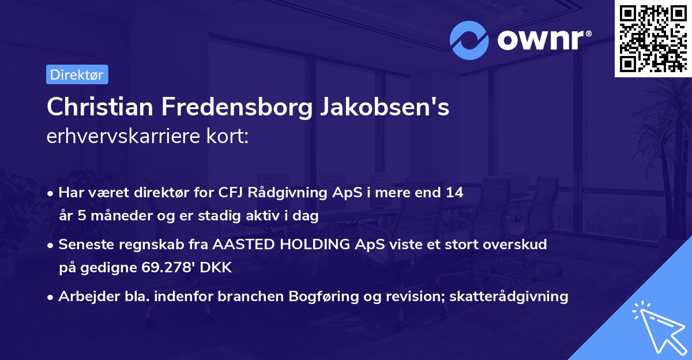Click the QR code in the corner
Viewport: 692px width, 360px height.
[653, 39]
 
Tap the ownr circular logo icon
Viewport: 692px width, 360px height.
[468, 40]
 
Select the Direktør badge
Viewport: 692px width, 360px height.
[77, 74]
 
